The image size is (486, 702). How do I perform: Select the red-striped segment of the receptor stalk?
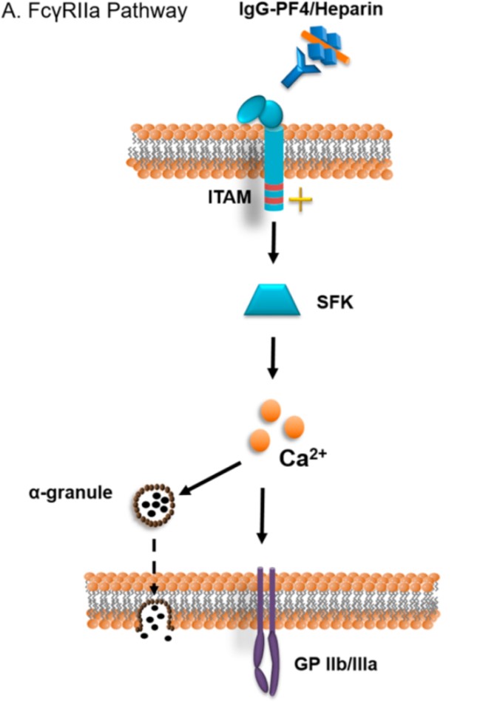coord(272,194)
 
